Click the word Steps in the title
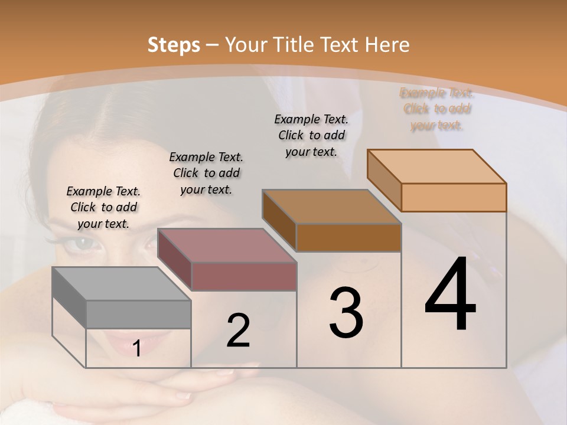coord(174,45)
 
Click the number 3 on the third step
coord(346,313)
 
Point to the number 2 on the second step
coord(238,331)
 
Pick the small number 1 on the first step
coord(137,348)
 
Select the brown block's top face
coord(331,207)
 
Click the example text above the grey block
coord(103,207)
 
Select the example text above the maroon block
coord(206,173)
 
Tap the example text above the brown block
coord(311,135)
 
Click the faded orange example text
coord(436,109)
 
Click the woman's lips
coord(121,342)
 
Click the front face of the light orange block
coord(454,197)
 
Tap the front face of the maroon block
coord(243,276)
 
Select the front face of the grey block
coord(138,314)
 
